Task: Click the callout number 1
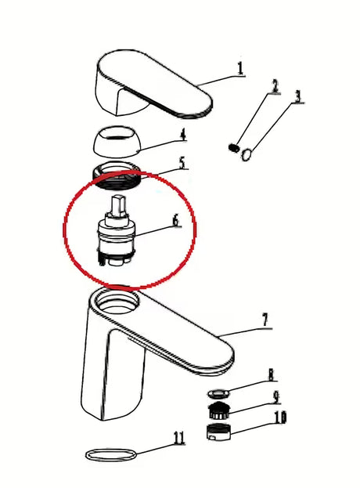pos(240,69)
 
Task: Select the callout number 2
pos(275,86)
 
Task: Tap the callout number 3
pos(298,96)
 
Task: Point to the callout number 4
pos(183,135)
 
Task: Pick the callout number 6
pos(175,221)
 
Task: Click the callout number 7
pos(265,320)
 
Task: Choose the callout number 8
pos(271,374)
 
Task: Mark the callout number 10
pos(279,418)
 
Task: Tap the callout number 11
pos(179,438)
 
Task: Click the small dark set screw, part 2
pos(234,147)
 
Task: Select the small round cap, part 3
pos(247,154)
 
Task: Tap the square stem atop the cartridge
pos(119,205)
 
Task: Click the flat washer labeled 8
pos(218,394)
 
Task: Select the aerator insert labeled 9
pos(219,410)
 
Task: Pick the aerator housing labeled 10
pos(218,432)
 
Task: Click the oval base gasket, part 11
pos(111,455)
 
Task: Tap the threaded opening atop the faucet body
pos(117,302)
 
